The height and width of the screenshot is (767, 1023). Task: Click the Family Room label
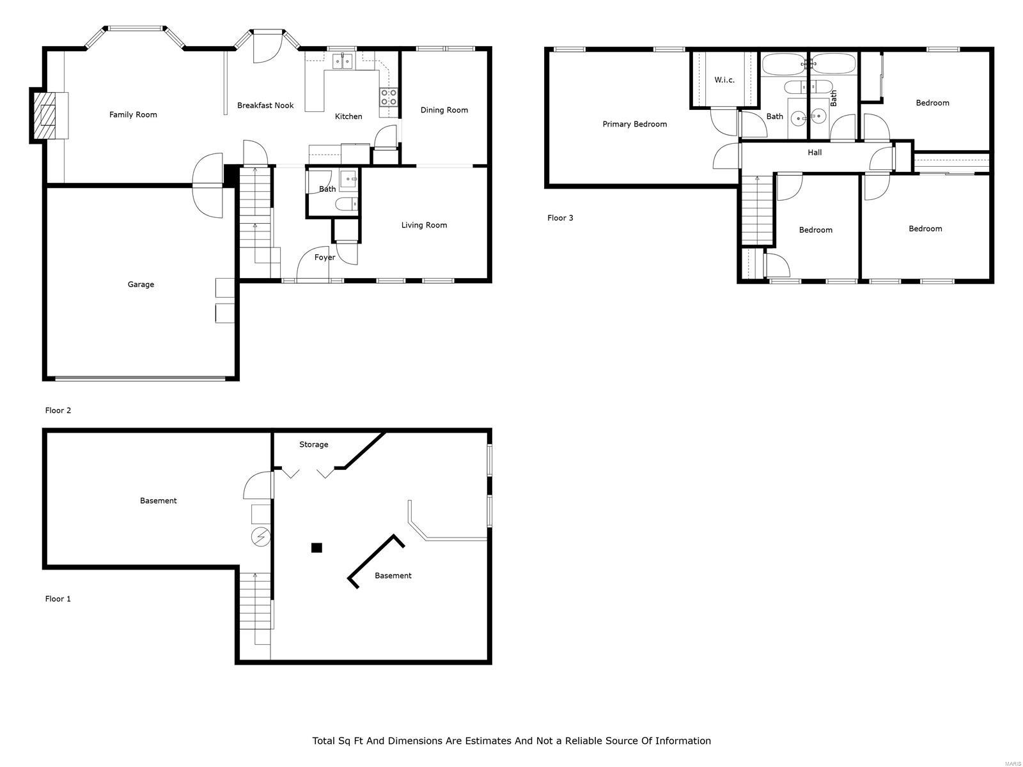133,115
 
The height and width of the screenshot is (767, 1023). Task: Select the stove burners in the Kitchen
389,97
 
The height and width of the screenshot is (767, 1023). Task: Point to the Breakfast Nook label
265,105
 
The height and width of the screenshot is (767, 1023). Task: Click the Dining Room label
444,110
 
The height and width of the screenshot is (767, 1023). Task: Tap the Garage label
141,284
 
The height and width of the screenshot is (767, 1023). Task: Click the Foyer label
325,258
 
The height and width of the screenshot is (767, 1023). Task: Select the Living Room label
424,225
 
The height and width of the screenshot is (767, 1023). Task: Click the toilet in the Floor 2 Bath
345,205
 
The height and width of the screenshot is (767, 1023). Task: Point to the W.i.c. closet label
724,80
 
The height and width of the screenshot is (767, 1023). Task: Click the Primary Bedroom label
634,124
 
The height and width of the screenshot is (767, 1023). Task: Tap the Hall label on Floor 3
815,153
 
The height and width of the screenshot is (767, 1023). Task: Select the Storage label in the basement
313,444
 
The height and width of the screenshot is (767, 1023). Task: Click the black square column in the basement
316,548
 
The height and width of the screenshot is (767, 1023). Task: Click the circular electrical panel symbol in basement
260,538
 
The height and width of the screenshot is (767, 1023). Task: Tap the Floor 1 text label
58,599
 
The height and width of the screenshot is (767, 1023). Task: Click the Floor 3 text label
560,218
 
